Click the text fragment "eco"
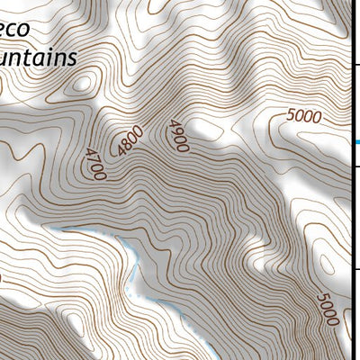(x=18, y=28)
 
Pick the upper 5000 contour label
(x=306, y=116)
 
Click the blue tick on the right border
(x=356, y=141)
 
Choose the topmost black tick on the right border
(x=356, y=65)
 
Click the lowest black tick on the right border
(x=356, y=267)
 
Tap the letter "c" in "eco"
(x=17, y=28)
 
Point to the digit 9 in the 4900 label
(x=175, y=131)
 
